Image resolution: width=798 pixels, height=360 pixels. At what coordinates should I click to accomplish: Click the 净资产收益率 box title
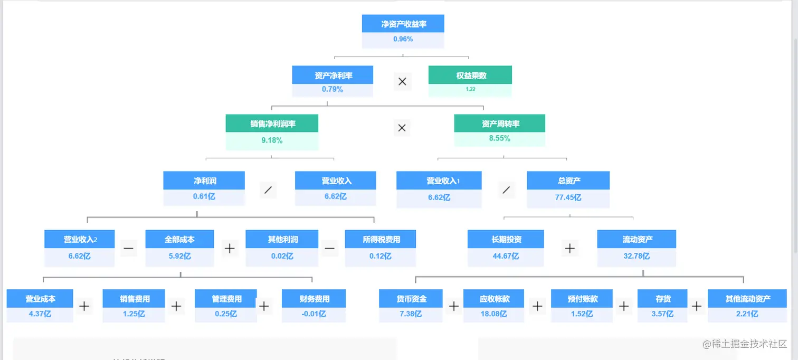[403, 24]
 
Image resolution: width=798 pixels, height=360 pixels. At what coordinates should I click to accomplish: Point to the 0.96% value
[403, 39]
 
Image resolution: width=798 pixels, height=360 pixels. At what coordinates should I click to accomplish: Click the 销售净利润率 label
[272, 124]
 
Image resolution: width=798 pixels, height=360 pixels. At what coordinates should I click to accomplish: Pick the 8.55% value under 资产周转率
[499, 138]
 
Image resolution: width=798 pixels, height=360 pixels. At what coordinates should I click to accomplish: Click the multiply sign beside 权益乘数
[402, 82]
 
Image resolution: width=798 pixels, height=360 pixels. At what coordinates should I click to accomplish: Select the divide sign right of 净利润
[268, 190]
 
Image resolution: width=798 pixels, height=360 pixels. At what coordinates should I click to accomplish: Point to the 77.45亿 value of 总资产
[569, 197]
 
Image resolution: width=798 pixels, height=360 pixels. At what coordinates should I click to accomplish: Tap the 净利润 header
[205, 181]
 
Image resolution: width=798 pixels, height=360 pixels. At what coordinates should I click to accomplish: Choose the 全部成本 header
[179, 240]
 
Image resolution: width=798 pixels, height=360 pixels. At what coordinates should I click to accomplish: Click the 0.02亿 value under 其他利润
[282, 256]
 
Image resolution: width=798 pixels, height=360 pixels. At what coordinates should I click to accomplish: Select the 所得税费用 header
[381, 240]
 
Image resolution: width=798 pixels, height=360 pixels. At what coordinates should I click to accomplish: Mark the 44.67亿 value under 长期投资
[505, 256]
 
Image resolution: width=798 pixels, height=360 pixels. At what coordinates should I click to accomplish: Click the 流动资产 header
[637, 240]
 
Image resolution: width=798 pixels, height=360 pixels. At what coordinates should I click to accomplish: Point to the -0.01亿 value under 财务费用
[314, 314]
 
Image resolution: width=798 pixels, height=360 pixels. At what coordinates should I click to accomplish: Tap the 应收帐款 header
[494, 299]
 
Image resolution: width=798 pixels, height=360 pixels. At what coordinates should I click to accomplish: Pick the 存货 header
[663, 299]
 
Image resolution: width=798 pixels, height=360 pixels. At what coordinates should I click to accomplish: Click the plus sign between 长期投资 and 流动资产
[569, 248]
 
